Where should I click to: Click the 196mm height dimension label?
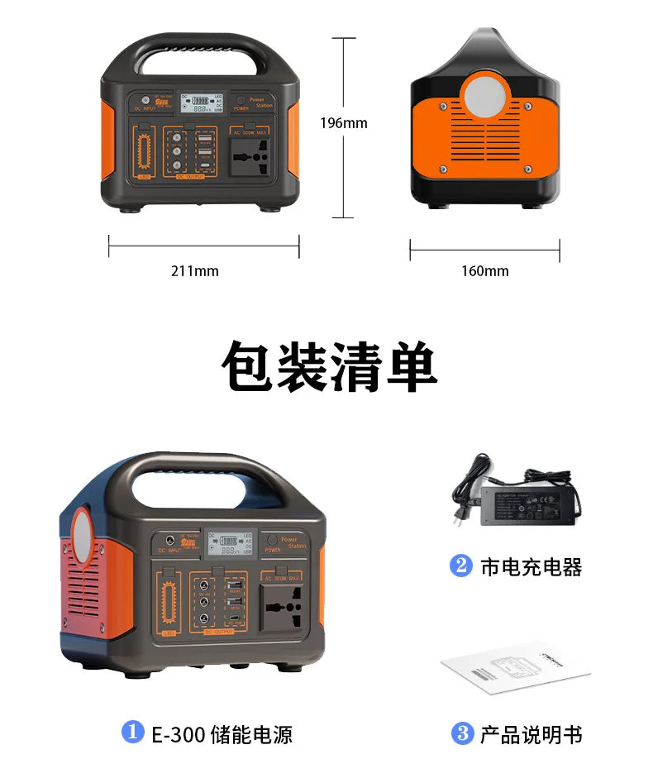pos(343,123)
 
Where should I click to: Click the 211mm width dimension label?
pos(195,270)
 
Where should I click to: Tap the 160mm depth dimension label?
pos(484,270)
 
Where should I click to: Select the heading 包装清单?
pos(329,366)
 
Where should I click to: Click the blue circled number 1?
pos(132,732)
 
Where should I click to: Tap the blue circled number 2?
pos(460,566)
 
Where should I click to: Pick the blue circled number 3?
pos(461,733)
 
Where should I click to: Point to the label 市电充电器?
pos(531,567)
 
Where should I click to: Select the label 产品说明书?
pos(531,733)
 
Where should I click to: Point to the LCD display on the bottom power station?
pos(228,545)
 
